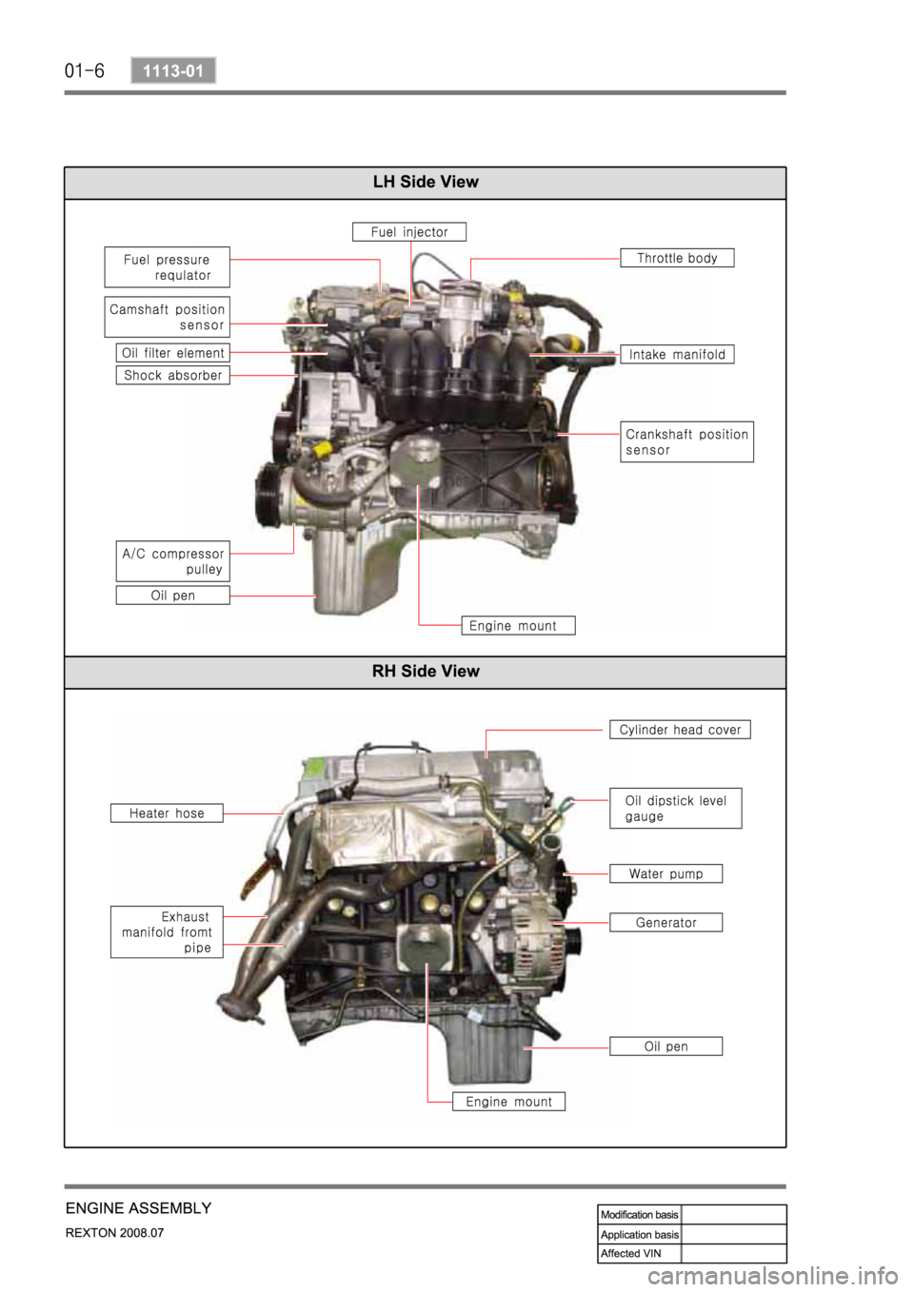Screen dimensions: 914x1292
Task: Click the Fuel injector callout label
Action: [409, 232]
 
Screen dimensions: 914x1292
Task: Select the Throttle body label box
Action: [677, 258]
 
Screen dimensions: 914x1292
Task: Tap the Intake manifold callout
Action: [677, 354]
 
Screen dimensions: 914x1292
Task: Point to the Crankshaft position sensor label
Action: [686, 441]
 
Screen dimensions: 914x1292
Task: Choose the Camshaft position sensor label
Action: [168, 317]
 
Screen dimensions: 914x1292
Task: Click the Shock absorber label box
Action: [173, 376]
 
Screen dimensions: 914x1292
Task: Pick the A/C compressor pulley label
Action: [173, 561]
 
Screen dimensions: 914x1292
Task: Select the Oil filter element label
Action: [173, 352]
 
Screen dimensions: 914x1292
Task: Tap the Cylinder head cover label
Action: [680, 730]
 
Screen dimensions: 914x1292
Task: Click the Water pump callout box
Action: [666, 873]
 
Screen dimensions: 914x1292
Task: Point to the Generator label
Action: [666, 922]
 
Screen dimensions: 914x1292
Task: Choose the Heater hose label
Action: [167, 812]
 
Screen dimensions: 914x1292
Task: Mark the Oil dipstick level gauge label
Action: [676, 808]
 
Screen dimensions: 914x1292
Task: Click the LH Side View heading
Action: [426, 182]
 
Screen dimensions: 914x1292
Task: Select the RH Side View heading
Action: [426, 671]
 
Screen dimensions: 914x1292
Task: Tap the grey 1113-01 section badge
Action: [173, 70]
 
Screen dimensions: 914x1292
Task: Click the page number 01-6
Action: [84, 71]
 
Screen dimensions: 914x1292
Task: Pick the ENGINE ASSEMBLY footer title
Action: [138, 1207]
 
